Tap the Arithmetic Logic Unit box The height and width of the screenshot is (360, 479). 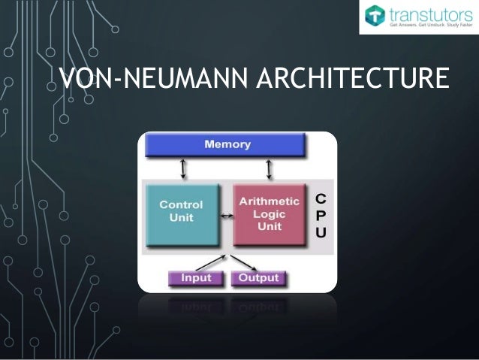269,213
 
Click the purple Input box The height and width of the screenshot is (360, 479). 194,278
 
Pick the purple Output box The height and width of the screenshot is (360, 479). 258,278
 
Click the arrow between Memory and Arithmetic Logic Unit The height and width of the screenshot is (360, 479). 269,169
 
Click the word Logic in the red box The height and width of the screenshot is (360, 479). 269,213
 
